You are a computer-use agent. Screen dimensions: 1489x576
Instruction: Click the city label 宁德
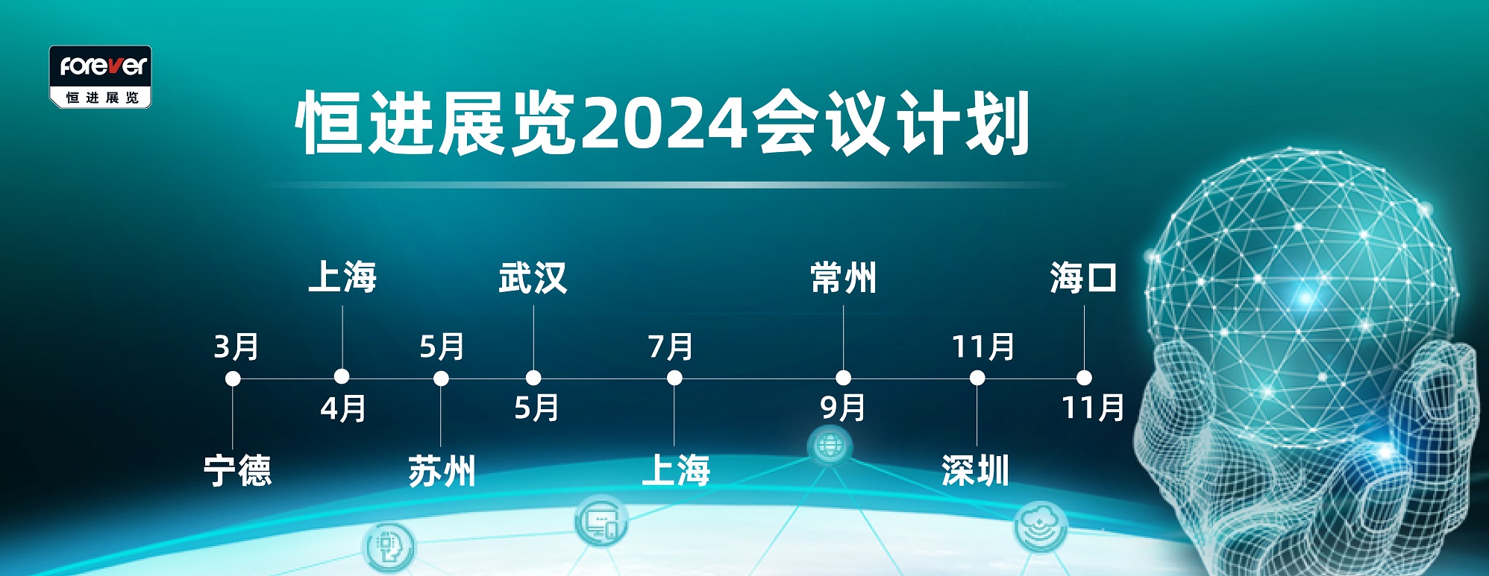pos(237,471)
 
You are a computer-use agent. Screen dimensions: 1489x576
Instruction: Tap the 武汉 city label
pos(533,278)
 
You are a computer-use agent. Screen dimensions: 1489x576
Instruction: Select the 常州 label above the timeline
pos(844,278)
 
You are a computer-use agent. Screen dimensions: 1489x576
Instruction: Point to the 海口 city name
pos(1083,278)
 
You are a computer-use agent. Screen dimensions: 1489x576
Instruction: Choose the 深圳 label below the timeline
pos(976,471)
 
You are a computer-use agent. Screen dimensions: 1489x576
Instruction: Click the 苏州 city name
pos(442,471)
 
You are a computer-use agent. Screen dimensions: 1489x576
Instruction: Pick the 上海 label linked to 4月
pos(342,276)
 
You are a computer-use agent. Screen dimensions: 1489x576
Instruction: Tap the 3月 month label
pos(236,346)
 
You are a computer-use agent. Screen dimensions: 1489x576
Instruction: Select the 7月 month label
pos(671,346)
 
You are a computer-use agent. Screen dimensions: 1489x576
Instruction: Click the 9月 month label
pos(843,408)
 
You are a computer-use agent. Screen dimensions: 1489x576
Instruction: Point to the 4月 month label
pos(343,408)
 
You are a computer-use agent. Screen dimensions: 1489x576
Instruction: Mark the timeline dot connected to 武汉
pos(533,378)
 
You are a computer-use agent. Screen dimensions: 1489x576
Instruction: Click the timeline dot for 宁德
pos(233,379)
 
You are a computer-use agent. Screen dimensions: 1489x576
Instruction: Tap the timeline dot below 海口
pos(1084,378)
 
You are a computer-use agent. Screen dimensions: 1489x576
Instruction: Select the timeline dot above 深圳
pos(977,379)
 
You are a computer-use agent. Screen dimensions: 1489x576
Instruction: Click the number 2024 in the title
pos(664,124)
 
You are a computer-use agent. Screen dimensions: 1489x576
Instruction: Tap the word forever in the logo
pos(104,66)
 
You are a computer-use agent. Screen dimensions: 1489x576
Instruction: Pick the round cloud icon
pos(1041,526)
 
